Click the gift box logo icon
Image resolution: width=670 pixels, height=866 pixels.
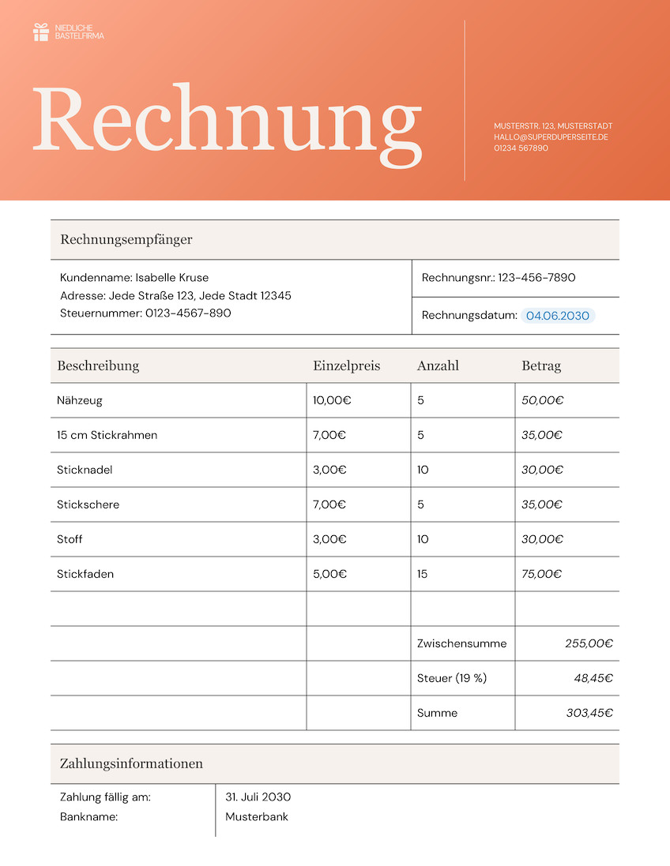coord(41,32)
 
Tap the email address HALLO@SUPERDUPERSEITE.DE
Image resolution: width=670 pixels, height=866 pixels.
coord(551,137)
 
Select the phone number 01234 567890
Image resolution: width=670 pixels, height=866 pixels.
coord(521,148)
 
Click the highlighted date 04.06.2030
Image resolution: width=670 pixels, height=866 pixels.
coord(558,316)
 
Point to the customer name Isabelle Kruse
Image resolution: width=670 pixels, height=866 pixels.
coord(172,278)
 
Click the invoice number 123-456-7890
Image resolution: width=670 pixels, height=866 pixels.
coord(537,278)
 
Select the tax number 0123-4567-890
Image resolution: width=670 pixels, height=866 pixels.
coord(188,313)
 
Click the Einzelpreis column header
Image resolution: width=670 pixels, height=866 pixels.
coord(346,366)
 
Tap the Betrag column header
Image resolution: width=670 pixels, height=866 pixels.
coord(541,366)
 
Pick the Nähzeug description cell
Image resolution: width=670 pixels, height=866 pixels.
coord(80,400)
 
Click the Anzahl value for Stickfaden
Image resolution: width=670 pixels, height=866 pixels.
coord(423,574)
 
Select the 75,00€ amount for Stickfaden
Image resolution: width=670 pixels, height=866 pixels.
coord(542,574)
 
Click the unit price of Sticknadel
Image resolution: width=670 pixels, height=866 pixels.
coord(329,470)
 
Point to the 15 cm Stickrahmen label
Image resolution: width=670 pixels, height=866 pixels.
coord(107,435)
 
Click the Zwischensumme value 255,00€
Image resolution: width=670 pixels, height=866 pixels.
coord(589,643)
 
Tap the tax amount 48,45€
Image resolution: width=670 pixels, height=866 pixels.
coord(593,678)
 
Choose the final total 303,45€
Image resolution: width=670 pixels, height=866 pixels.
coord(589,713)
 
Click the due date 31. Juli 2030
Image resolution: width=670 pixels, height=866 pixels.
coord(258,797)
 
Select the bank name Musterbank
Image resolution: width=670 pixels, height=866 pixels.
coord(257,817)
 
